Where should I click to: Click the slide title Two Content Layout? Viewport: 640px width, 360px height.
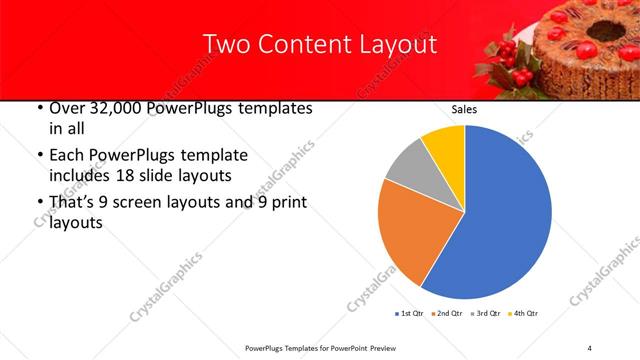(320, 45)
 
